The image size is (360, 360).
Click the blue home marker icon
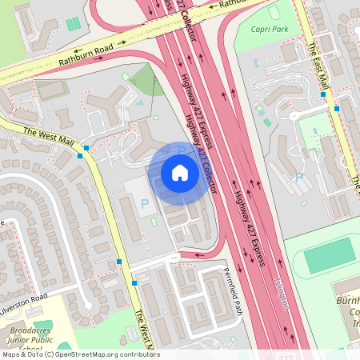click(180, 172)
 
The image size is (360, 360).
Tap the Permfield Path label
click(232, 290)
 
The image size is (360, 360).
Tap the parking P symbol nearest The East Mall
click(299, 177)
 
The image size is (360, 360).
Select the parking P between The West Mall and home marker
click(146, 205)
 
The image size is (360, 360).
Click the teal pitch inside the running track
click(329, 255)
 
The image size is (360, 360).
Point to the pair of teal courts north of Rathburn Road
click(73, 25)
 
